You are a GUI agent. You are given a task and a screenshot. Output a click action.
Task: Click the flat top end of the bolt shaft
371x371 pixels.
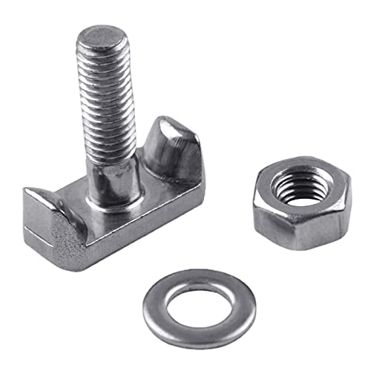[101, 37]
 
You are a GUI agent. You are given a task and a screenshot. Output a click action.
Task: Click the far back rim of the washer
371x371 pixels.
[199, 278]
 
